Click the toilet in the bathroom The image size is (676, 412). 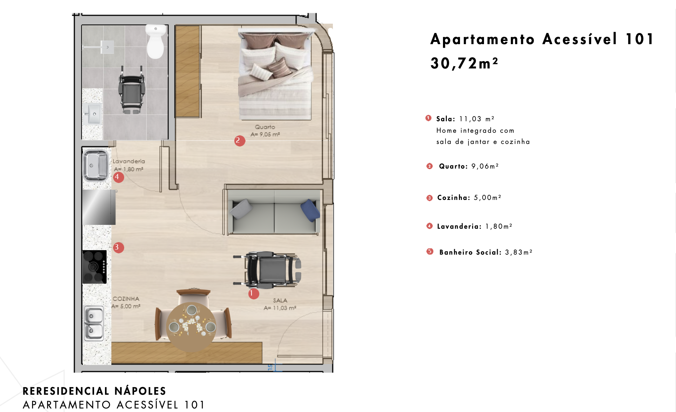(156, 42)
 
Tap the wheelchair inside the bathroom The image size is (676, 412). (132, 90)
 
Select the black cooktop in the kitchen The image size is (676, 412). (94, 267)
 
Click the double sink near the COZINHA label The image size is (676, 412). (94, 323)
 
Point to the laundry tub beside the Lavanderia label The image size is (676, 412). (95, 166)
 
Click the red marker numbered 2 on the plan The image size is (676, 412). (239, 140)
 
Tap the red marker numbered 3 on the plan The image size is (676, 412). (118, 247)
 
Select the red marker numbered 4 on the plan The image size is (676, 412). (118, 177)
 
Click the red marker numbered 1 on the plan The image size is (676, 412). (253, 294)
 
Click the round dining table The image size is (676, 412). (191, 327)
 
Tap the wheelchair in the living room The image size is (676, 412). (267, 269)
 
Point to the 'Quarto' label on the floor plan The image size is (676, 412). (265, 127)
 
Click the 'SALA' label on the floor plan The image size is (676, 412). (280, 300)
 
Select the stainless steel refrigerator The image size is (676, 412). (99, 207)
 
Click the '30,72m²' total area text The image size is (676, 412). (464, 63)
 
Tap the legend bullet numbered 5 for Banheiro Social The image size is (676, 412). (430, 251)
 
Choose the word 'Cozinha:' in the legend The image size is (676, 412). (454, 198)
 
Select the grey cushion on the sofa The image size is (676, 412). (242, 209)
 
